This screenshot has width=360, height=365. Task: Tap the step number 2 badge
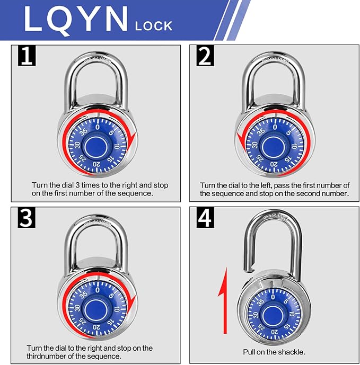pos(205,56)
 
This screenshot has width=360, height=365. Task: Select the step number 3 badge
pos(26,218)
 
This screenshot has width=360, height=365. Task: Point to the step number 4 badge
pos(205,218)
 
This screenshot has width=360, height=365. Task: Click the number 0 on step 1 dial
pos(97,126)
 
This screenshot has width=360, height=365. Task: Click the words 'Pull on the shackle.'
pos(274,352)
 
